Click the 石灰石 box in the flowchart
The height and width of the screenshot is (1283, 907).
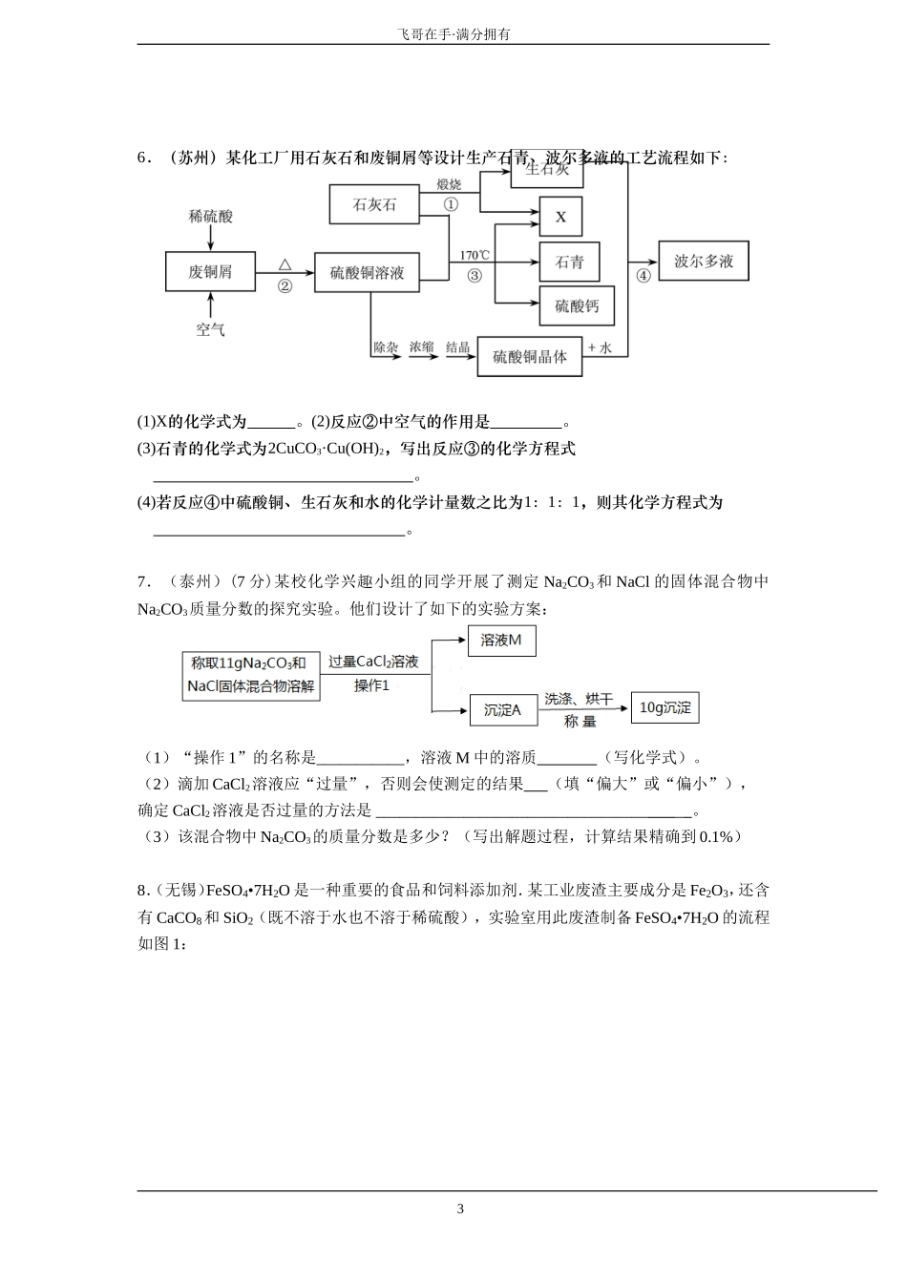(374, 204)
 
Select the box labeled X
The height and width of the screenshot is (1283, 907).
(560, 218)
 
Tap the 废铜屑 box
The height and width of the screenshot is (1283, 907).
(210, 272)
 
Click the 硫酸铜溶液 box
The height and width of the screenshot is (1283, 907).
(368, 272)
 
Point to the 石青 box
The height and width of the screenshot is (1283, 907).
(569, 263)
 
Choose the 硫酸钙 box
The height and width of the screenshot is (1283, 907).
(577, 306)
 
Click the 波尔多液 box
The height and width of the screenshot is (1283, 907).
(704, 261)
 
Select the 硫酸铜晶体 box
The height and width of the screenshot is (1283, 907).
(529, 356)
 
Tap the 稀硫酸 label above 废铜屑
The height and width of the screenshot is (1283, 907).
(210, 217)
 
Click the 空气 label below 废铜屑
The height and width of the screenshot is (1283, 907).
(210, 329)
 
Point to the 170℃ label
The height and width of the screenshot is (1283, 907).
(475, 255)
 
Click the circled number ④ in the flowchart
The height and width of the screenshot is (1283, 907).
(643, 276)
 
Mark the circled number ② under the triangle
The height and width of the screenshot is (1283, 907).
(285, 286)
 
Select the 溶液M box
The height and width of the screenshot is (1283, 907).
(501, 641)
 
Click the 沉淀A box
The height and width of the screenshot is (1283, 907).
(502, 709)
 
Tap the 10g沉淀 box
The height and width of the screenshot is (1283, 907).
(664, 707)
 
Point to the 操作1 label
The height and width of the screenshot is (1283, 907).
(372, 685)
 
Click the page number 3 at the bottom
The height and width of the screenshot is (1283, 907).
(460, 1209)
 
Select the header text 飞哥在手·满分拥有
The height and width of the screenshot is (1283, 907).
(453, 33)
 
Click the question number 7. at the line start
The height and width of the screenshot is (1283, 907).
(144, 581)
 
